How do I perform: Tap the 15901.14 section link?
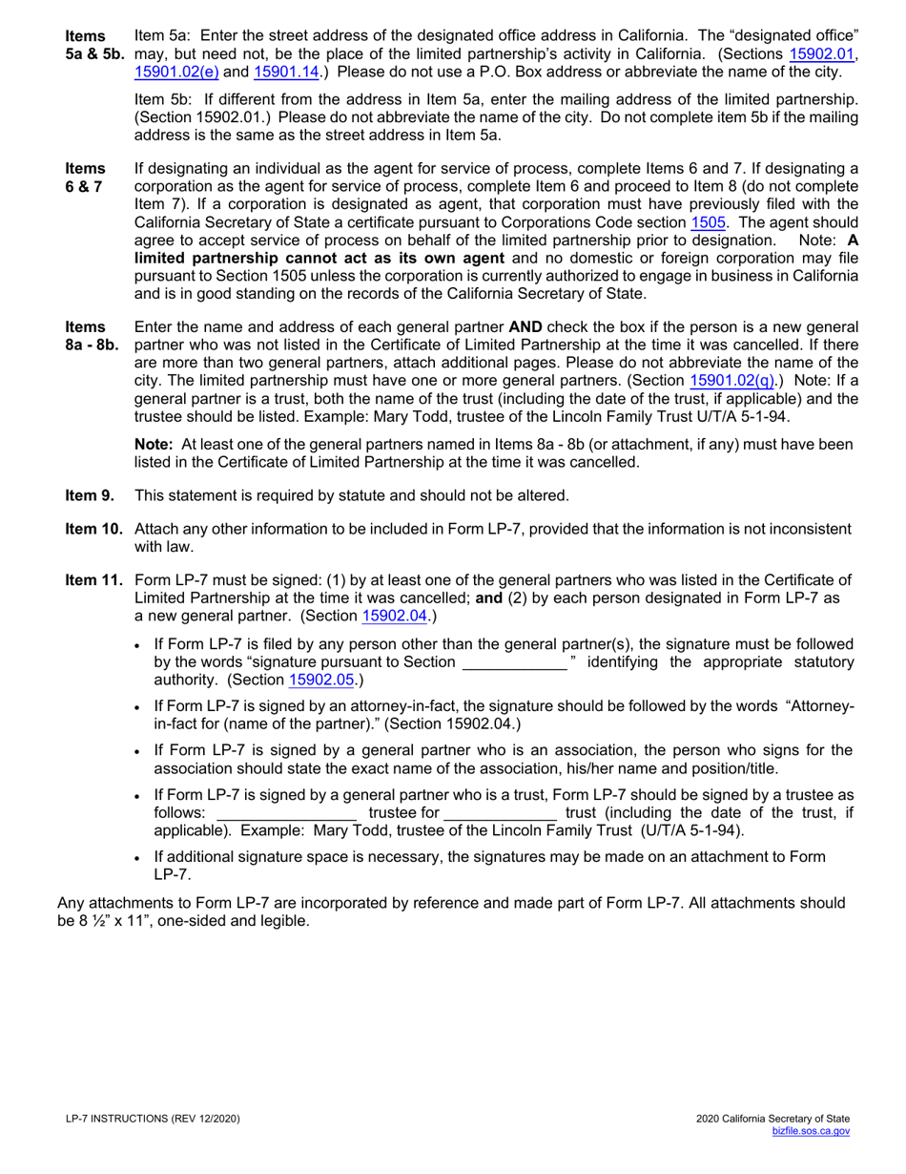tap(285, 72)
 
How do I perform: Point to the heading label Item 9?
tap(90, 495)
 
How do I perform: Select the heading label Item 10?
tap(93, 530)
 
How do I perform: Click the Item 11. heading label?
tap(93, 580)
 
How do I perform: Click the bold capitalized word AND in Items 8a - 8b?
tap(525, 326)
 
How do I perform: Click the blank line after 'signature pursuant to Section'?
tap(514, 662)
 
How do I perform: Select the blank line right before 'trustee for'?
tap(287, 812)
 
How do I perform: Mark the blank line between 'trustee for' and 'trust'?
tap(501, 812)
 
